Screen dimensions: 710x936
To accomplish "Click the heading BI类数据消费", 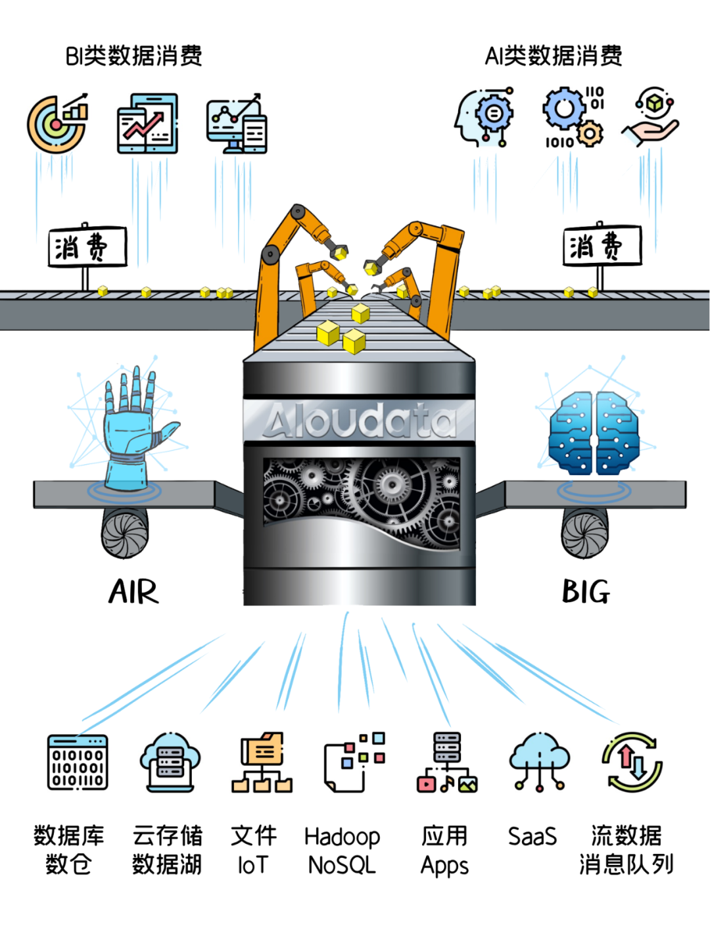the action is pyautogui.click(x=133, y=56).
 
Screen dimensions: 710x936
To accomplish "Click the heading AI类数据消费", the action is pyautogui.click(x=554, y=56).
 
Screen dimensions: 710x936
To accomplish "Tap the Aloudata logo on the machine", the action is pyautogui.click(x=359, y=420).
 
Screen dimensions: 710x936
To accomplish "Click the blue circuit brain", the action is pyautogui.click(x=594, y=433).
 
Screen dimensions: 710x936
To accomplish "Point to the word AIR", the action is pyautogui.click(x=133, y=592).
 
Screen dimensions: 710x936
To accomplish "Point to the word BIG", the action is pyautogui.click(x=586, y=592).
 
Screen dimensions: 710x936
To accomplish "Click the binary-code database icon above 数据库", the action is pyautogui.click(x=78, y=762).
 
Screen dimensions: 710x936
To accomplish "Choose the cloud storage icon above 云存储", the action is pyautogui.click(x=170, y=762).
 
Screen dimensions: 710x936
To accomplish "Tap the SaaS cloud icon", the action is pyautogui.click(x=539, y=761).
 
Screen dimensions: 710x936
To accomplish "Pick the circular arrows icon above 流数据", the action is pyautogui.click(x=632, y=762).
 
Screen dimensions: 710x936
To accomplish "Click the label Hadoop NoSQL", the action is pyautogui.click(x=342, y=851).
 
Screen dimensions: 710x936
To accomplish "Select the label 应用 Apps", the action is pyautogui.click(x=444, y=851).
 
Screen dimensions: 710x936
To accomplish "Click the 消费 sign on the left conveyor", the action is pyautogui.click(x=87, y=248).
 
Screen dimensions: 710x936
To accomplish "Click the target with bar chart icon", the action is pyautogui.click(x=58, y=123).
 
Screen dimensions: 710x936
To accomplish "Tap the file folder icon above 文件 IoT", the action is pyautogui.click(x=262, y=762).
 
